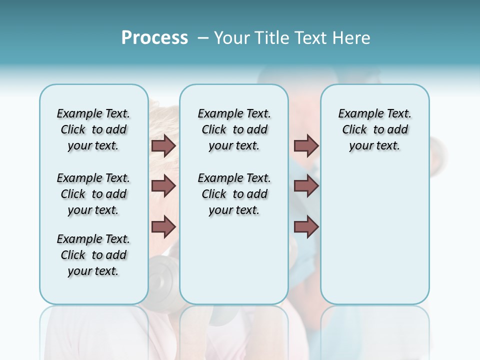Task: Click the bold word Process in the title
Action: coord(154,38)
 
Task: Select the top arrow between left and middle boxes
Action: coord(163,145)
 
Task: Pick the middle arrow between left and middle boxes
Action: coord(163,186)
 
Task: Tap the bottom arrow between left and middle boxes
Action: coord(163,227)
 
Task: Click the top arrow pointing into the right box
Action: coord(306,145)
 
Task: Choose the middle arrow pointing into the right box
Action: coord(306,186)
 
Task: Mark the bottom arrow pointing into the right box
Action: coord(306,227)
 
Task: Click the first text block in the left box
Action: coord(93,129)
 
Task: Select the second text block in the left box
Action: coord(93,194)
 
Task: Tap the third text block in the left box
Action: coord(93,255)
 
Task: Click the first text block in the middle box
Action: coord(234,129)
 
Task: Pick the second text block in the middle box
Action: coord(234,194)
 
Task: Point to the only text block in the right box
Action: coord(374,129)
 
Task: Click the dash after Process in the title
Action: coord(203,38)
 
